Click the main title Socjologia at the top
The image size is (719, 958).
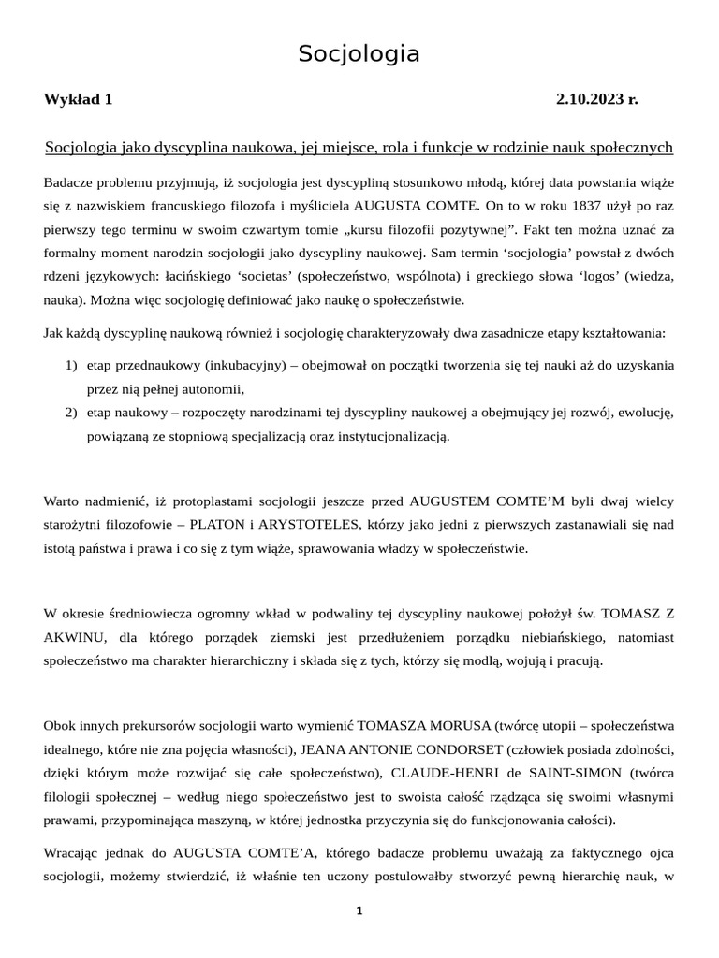[x=359, y=55]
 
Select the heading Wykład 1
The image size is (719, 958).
[x=78, y=99]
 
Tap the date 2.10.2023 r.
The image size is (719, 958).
[x=596, y=99]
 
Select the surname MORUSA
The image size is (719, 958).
[x=461, y=725]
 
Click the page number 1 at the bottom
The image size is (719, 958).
[x=359, y=911]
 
